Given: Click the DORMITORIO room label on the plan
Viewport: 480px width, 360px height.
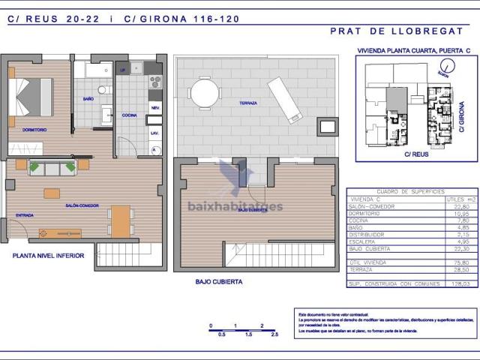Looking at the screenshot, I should pos(34,130).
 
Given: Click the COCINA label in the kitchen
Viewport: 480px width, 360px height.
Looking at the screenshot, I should pos(129,115).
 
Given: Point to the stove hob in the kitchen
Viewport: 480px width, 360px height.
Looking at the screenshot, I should pos(155,81).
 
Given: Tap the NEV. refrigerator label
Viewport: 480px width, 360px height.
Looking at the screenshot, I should pos(155,108).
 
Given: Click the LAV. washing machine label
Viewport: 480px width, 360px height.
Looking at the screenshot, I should pos(155,133).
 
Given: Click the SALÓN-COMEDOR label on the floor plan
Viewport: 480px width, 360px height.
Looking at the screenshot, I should pos(82,204).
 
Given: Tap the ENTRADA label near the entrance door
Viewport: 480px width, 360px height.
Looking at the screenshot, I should pos(24,215).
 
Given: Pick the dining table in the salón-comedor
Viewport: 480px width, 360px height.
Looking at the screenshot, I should pos(121,220).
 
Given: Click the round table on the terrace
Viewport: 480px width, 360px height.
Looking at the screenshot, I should pos(205,94).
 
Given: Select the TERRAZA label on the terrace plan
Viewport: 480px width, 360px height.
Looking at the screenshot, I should pos(248,103).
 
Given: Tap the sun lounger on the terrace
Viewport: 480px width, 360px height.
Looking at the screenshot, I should pos(284,100).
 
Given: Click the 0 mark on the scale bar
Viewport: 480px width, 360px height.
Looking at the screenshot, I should pos(211,325).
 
